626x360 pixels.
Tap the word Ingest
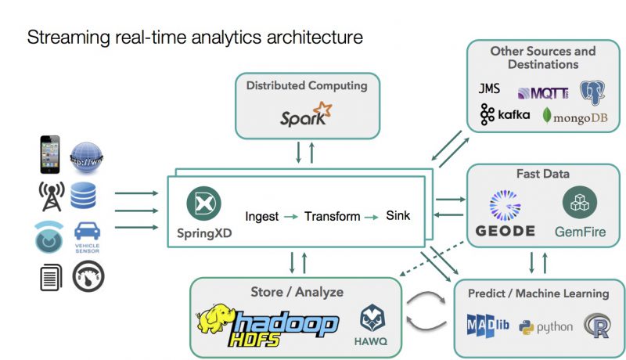click(x=261, y=216)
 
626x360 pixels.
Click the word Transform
click(x=333, y=216)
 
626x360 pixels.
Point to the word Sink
click(x=398, y=215)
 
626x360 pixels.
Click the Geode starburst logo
click(x=505, y=204)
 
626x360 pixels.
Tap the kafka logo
click(x=505, y=115)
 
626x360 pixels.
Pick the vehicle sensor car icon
click(x=87, y=235)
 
